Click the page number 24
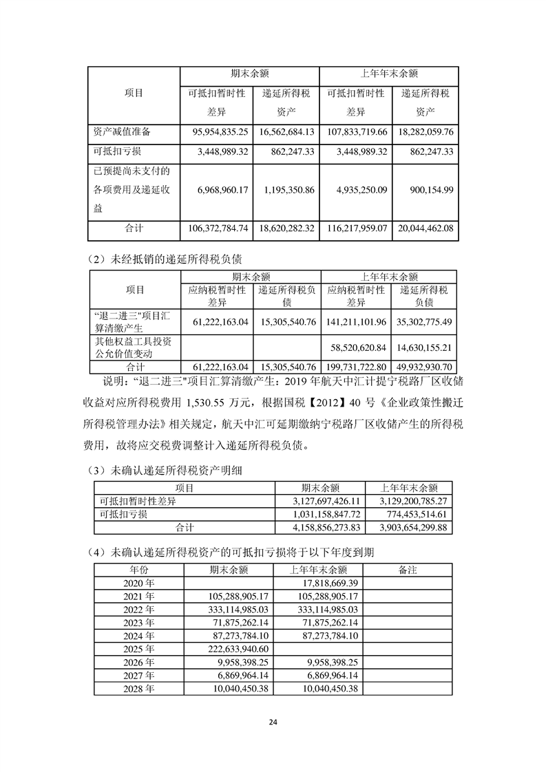(x=273, y=722)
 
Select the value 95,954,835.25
(x=218, y=131)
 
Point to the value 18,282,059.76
(x=425, y=131)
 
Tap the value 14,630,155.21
(x=424, y=348)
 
